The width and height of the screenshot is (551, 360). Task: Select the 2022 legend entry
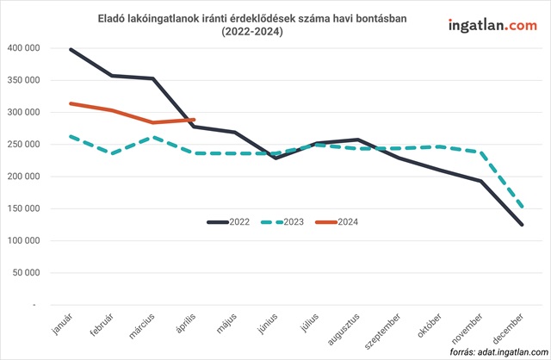[x=229, y=222]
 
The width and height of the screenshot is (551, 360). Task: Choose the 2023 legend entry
[x=283, y=222]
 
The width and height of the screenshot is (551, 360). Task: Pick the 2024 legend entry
[x=337, y=222]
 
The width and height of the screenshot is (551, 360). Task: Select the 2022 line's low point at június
[x=275, y=158]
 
